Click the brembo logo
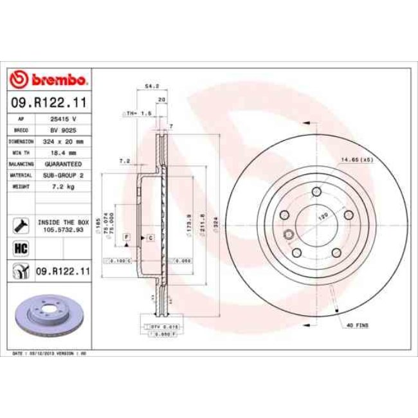click(x=49, y=80)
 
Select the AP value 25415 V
click(x=63, y=120)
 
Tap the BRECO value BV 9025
click(x=63, y=130)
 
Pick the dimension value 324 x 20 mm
click(x=63, y=141)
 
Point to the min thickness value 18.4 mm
click(x=63, y=152)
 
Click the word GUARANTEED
click(x=63, y=163)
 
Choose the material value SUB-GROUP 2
click(x=63, y=174)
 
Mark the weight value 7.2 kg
click(x=63, y=185)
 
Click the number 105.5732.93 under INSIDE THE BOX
click(x=63, y=228)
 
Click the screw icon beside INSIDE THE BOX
click(x=19, y=224)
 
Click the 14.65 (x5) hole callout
click(x=358, y=159)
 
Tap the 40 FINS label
click(x=358, y=326)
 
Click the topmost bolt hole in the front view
click(x=316, y=192)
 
